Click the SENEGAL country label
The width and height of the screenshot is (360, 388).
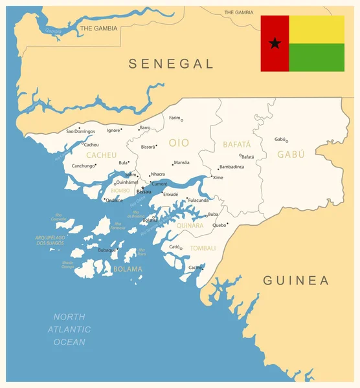pyautogui.click(x=171, y=63)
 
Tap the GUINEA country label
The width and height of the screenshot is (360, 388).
pyautogui.click(x=296, y=281)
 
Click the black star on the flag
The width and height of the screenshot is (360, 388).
pyautogui.click(x=275, y=43)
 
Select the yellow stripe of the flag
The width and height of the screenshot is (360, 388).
pyautogui.click(x=317, y=29)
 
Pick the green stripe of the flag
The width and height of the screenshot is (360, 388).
pyautogui.click(x=317, y=57)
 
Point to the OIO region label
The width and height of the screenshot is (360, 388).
pyautogui.click(x=179, y=142)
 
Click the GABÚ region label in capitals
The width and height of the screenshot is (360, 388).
pyautogui.click(x=291, y=155)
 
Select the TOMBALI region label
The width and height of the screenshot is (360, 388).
pyautogui.click(x=203, y=248)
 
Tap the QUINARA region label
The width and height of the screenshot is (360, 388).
pyautogui.click(x=190, y=226)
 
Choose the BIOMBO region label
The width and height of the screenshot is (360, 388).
pyautogui.click(x=120, y=191)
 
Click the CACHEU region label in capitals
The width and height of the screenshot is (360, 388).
pyautogui.click(x=102, y=155)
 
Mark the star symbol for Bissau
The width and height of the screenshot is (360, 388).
pyautogui.click(x=143, y=188)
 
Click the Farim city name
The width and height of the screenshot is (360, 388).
pyautogui.click(x=174, y=118)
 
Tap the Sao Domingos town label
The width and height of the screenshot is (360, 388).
pyautogui.click(x=80, y=131)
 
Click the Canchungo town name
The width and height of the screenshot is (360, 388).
pyautogui.click(x=83, y=166)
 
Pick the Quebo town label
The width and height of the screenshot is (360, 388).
pyautogui.click(x=219, y=225)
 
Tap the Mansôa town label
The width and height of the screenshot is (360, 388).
pyautogui.click(x=182, y=163)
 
